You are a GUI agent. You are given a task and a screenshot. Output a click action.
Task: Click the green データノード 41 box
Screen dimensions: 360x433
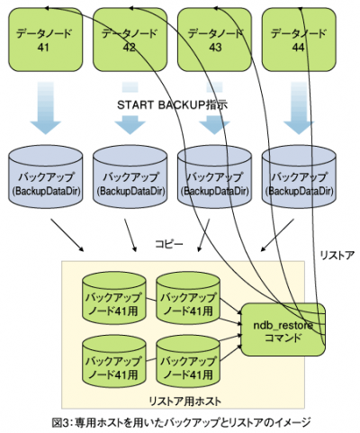[45, 40]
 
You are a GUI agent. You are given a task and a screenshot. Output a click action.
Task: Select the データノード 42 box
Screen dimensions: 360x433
[130, 40]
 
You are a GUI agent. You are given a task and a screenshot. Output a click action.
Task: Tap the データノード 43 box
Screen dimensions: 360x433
[214, 40]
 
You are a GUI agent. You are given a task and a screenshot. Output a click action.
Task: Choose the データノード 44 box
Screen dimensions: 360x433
[299, 40]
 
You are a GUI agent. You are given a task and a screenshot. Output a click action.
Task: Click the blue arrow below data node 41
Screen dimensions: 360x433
[46, 108]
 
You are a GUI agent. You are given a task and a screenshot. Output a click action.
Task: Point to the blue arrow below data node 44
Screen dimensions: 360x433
[299, 108]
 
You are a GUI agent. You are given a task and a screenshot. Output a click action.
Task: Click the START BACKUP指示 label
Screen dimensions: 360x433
[172, 105]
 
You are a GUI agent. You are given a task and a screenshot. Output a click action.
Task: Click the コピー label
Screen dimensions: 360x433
[169, 244]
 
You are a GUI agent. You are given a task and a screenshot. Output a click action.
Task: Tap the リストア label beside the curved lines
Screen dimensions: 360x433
[337, 256]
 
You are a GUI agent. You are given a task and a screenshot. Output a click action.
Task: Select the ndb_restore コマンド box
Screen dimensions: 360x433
[283, 329]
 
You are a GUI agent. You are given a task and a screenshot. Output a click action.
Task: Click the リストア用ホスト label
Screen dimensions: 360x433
[185, 401]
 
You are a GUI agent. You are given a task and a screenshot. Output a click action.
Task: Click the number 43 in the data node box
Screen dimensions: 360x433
[215, 48]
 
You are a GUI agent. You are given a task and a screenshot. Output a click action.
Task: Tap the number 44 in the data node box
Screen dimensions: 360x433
[299, 48]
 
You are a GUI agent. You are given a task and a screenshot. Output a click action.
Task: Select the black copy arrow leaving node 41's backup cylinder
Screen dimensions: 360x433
[67, 235]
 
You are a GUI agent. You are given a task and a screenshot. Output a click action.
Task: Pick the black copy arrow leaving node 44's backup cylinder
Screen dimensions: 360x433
[277, 235]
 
